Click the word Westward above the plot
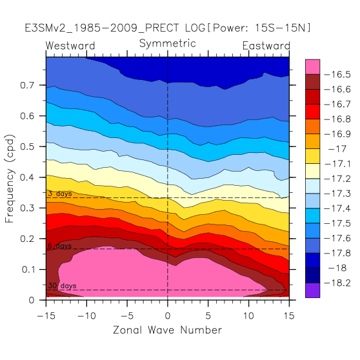70,46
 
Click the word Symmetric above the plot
167,44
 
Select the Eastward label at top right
266,46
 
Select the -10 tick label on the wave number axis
86,315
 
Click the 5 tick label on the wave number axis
208,315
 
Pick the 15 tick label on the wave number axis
289,315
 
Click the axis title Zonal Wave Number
167,330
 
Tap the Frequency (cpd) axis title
10,179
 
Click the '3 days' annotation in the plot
60,194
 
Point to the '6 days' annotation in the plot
60,246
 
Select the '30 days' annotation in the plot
62,286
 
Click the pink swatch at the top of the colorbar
312,67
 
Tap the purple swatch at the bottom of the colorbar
312,290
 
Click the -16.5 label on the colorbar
337,75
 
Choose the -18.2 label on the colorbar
337,283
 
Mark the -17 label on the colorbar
337,149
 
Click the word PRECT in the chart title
162,28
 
